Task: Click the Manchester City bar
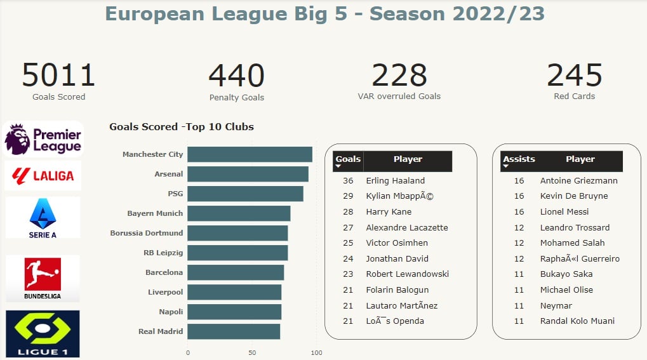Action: pyautogui.click(x=250, y=154)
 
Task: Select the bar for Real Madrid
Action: pyautogui.click(x=234, y=331)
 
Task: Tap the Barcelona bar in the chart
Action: pyautogui.click(x=236, y=272)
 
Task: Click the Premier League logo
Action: pyautogui.click(x=43, y=139)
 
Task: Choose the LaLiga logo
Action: pyautogui.click(x=43, y=176)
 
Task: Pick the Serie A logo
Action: pyautogui.click(x=43, y=217)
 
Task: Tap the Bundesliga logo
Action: pyautogui.click(x=43, y=279)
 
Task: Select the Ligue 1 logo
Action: pyautogui.click(x=43, y=333)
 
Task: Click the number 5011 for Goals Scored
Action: pyautogui.click(x=58, y=76)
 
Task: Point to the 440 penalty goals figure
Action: pyautogui.click(x=236, y=76)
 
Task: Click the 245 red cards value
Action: pyautogui.click(x=574, y=76)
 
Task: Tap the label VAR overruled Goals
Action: pyautogui.click(x=399, y=97)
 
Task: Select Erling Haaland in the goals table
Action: pyautogui.click(x=395, y=181)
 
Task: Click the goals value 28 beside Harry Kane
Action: pyautogui.click(x=348, y=212)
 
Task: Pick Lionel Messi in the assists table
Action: pyautogui.click(x=564, y=212)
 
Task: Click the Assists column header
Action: pyautogui.click(x=519, y=159)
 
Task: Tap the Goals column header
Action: pyautogui.click(x=348, y=159)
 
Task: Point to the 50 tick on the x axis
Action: pyautogui.click(x=252, y=353)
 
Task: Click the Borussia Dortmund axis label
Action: pyautogui.click(x=146, y=233)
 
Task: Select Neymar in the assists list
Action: pyautogui.click(x=556, y=305)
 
